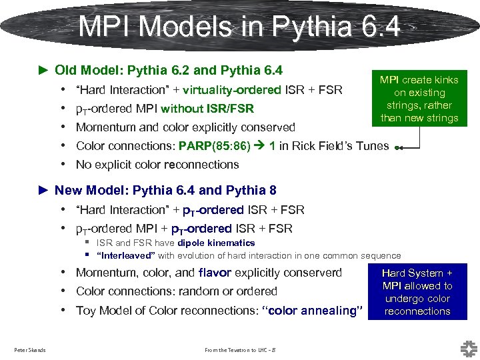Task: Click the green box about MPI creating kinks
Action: pos(419,99)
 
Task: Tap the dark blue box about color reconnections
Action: pos(417,292)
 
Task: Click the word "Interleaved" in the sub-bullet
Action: pos(126,255)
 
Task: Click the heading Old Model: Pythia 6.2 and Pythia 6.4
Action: pos(168,70)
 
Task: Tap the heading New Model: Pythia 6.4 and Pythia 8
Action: pos(165,191)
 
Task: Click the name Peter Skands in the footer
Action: pos(30,350)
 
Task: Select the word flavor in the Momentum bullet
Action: pos(214,273)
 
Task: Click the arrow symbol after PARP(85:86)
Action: pos(261,146)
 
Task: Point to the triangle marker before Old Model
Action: pos(44,70)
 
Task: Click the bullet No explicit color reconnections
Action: pos(157,165)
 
